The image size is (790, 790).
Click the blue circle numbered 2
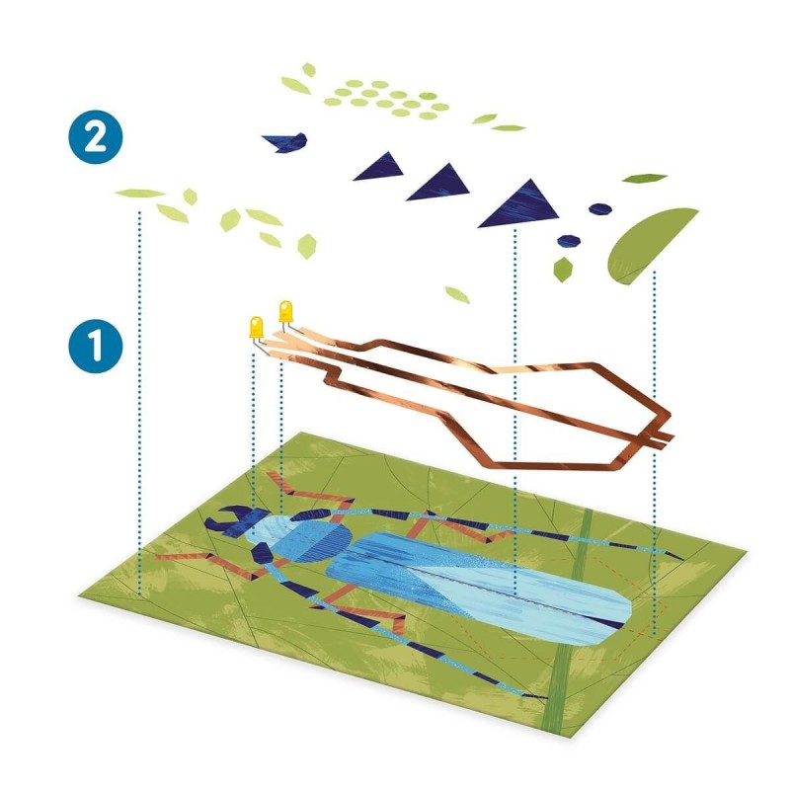(x=96, y=136)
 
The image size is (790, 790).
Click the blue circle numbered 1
(x=96, y=347)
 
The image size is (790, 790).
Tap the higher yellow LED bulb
(x=285, y=311)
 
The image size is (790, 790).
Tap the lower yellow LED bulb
(x=256, y=328)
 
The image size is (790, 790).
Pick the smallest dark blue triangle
(x=380, y=167)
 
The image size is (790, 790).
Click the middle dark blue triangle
(x=440, y=183)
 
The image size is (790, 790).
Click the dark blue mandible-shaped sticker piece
(x=285, y=142)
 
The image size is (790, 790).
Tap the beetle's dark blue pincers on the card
(x=224, y=520)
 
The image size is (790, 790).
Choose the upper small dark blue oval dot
(x=600, y=208)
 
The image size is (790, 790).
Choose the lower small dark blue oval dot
(x=570, y=241)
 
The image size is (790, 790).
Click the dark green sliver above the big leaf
(x=645, y=178)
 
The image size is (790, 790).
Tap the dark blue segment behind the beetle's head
(x=262, y=554)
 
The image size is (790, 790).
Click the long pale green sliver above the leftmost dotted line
(x=140, y=193)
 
